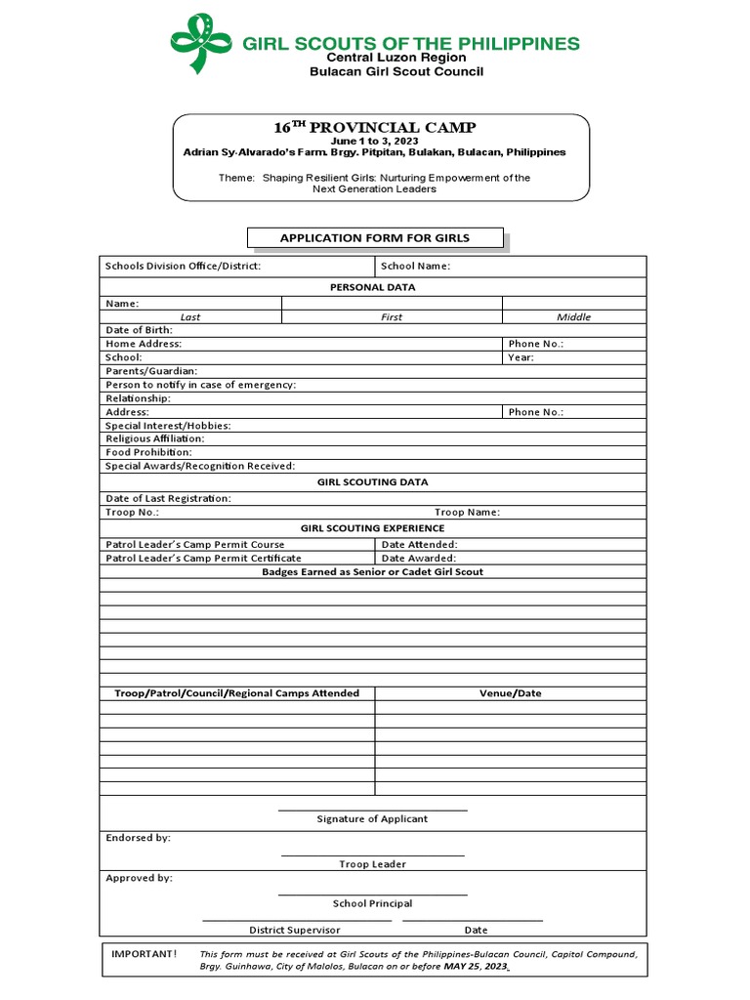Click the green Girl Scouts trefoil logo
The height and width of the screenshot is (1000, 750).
[x=202, y=44]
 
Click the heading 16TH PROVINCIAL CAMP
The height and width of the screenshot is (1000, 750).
[x=375, y=128]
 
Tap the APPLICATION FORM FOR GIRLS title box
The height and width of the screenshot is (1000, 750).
[x=375, y=238]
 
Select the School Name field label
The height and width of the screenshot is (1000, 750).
[x=415, y=267]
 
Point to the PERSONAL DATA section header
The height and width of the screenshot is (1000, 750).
[x=372, y=287]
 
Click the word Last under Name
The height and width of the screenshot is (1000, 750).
[x=190, y=317]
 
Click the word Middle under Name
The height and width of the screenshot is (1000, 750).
[x=573, y=317]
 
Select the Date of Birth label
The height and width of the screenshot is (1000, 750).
[x=139, y=330]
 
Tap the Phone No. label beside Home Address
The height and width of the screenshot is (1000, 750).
[x=535, y=344]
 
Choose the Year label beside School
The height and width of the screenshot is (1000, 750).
[x=521, y=357]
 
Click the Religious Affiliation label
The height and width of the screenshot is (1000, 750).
[x=154, y=439]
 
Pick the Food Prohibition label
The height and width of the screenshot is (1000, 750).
[x=148, y=453]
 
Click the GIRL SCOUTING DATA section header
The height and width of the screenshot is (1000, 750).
[x=372, y=482]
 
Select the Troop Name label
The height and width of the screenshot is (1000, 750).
[x=467, y=513]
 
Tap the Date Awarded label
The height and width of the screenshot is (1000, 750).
[x=418, y=559]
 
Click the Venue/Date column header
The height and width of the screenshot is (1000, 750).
[x=510, y=693]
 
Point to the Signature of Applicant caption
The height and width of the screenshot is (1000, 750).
[x=372, y=819]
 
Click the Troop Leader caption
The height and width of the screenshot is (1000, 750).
[x=372, y=864]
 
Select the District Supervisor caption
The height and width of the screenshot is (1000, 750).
[x=295, y=931]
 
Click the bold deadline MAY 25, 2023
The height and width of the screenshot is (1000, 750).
[x=476, y=966]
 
